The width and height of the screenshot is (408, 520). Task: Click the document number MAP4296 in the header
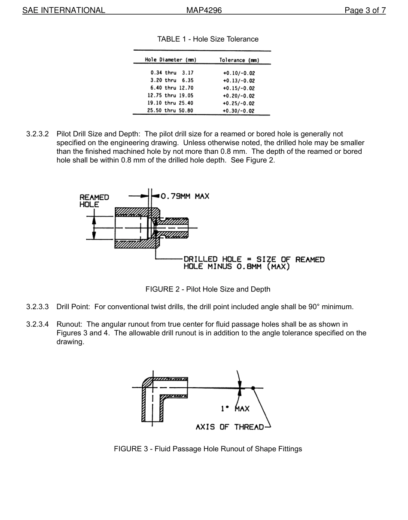(x=204, y=10)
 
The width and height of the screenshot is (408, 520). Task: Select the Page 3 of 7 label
(x=365, y=10)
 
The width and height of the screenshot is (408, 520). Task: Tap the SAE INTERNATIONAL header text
(x=64, y=10)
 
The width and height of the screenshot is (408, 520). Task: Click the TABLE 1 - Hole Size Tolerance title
(x=208, y=39)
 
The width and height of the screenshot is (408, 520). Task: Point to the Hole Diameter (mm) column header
(x=171, y=60)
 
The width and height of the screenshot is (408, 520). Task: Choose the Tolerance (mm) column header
(x=239, y=60)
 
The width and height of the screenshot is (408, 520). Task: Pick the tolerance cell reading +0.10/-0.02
(x=239, y=73)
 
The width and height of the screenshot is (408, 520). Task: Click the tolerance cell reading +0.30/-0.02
(x=239, y=111)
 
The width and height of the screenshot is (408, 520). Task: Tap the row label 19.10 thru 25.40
(x=171, y=103)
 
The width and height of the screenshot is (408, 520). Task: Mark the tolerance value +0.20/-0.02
(x=239, y=96)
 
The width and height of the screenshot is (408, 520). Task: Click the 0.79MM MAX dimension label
(x=185, y=196)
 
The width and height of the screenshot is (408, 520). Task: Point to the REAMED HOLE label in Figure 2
(x=94, y=201)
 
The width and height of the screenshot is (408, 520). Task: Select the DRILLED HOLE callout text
(x=254, y=263)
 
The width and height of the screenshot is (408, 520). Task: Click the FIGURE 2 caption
(x=208, y=289)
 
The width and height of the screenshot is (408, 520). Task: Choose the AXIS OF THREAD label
(x=230, y=427)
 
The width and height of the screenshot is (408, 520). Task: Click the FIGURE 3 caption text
(x=208, y=449)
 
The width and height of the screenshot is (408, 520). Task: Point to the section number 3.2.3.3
(x=37, y=307)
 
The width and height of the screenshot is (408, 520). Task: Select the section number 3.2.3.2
(x=37, y=134)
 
